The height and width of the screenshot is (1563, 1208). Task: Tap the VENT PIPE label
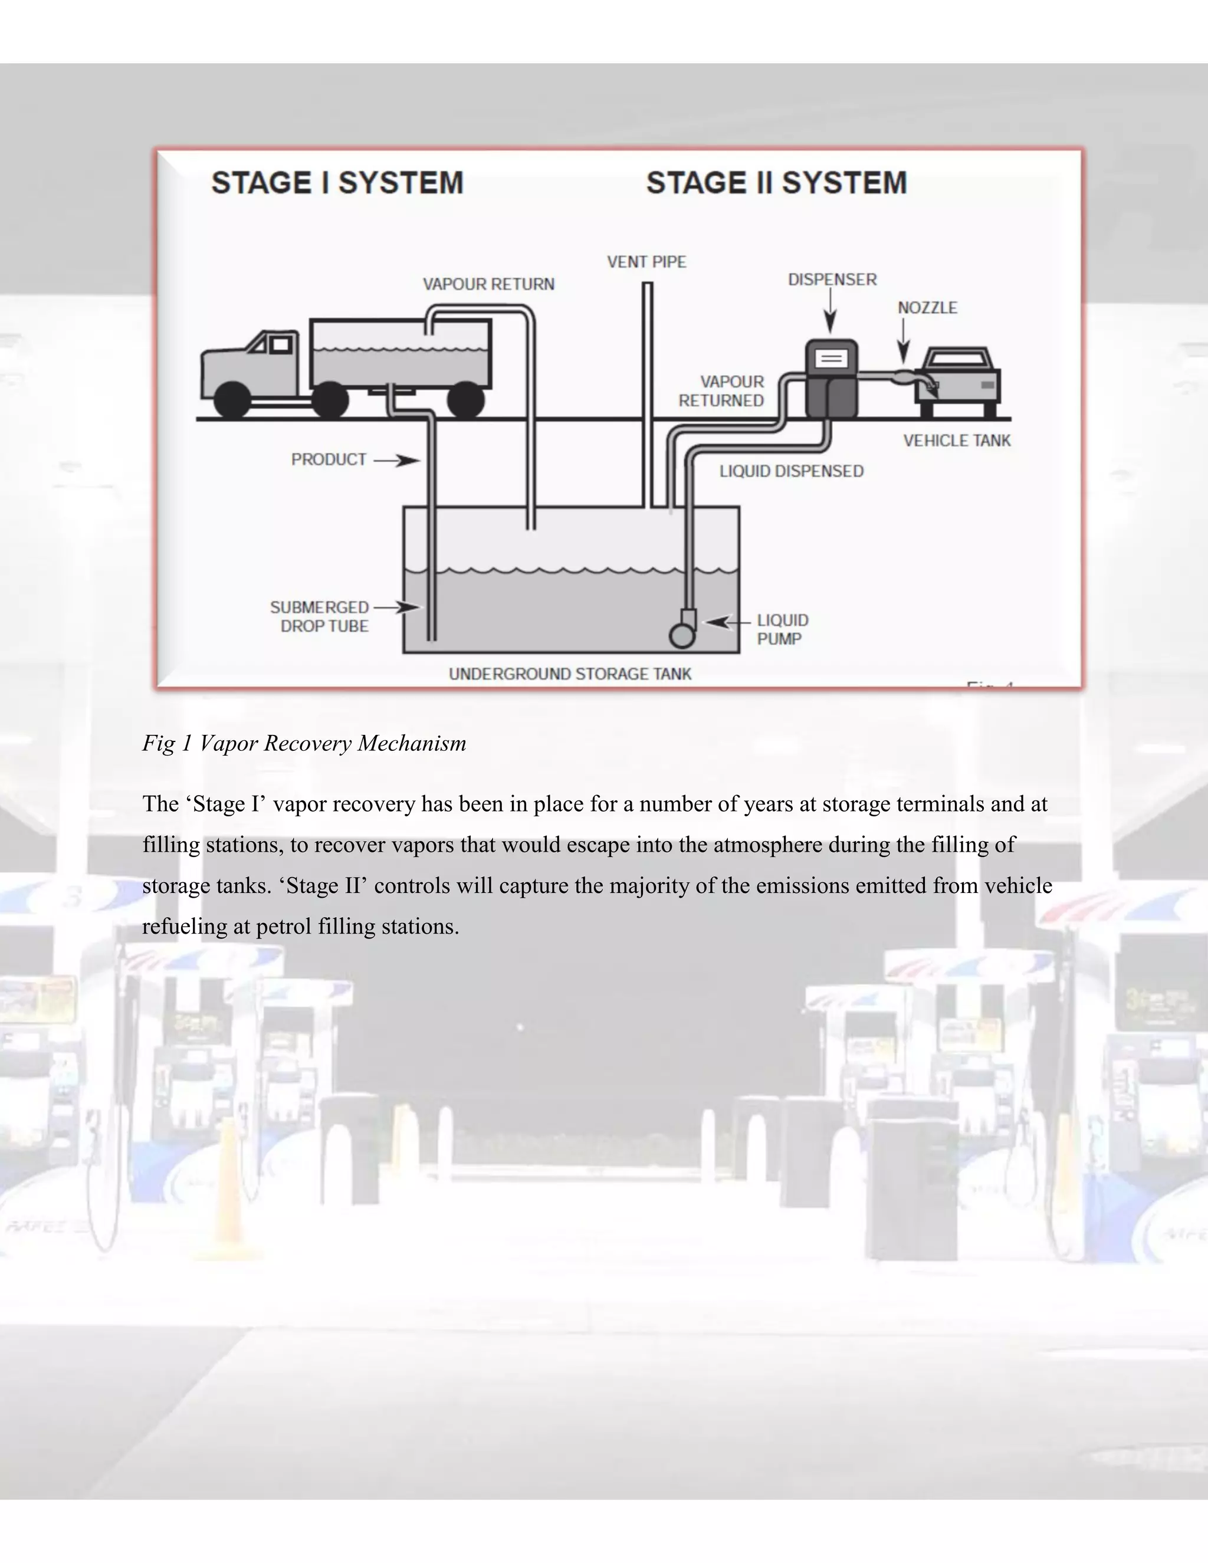coord(646,262)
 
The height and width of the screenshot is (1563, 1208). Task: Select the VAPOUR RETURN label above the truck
coord(488,284)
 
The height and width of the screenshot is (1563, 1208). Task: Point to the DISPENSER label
coord(832,280)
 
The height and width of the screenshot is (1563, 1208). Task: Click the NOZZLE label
coord(927,308)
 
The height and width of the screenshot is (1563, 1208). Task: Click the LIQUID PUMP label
coord(782,629)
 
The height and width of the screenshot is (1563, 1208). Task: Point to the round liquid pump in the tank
coord(681,635)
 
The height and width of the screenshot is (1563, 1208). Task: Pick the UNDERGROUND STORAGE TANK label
coord(570,674)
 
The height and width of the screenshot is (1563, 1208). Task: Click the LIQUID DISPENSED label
coord(792,471)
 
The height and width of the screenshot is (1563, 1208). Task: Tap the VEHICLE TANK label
coord(956,441)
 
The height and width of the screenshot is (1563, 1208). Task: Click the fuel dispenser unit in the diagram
coord(831,379)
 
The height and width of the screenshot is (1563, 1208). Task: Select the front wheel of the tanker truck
coord(232,400)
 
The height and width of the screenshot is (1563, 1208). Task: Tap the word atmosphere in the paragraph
coord(767,845)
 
